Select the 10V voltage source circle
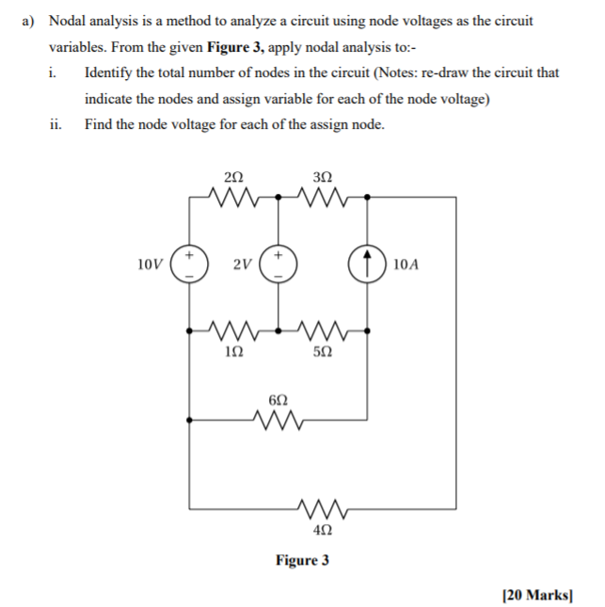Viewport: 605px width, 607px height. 189,264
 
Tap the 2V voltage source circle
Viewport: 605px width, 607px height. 279,264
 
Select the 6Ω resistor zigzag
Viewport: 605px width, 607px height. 279,419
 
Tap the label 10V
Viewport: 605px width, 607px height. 151,264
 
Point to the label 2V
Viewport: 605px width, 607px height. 242,264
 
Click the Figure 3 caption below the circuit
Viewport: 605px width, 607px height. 302,561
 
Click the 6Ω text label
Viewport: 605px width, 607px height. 278,399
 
